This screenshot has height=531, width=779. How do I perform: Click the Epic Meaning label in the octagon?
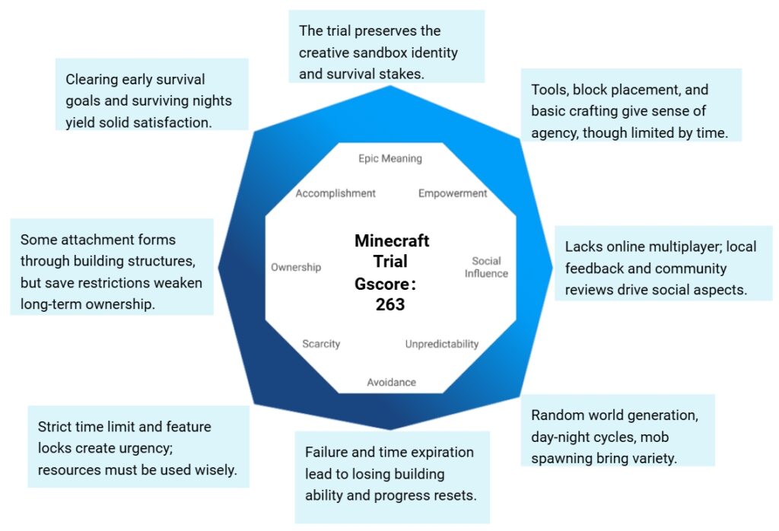(389, 159)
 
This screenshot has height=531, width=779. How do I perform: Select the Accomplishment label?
(335, 193)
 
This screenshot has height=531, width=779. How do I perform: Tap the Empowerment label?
(453, 193)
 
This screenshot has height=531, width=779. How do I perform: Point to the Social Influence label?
(486, 267)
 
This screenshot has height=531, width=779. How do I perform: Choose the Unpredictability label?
(441, 344)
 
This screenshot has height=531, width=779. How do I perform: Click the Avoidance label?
(391, 382)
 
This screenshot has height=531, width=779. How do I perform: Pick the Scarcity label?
(321, 344)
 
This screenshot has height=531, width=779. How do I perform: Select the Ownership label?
(296, 267)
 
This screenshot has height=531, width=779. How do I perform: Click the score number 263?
(390, 304)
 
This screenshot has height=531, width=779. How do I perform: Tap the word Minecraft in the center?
(392, 241)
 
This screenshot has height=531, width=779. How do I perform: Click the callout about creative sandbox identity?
(386, 46)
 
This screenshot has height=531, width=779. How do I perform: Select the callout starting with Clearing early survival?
(152, 94)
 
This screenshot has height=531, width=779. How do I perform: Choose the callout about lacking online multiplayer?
(663, 262)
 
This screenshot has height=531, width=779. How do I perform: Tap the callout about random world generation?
(617, 430)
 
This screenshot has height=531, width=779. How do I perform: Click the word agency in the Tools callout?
(554, 132)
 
